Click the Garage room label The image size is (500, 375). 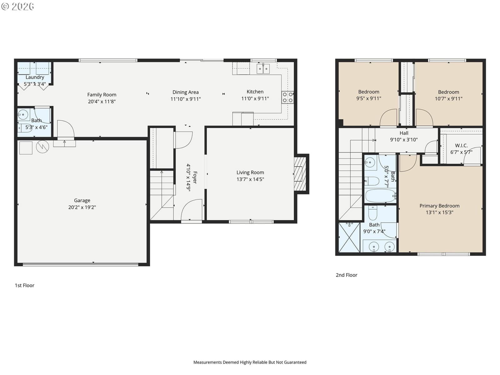(x=82, y=200)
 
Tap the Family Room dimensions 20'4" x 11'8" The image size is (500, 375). (x=102, y=102)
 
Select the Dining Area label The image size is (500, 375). (x=185, y=92)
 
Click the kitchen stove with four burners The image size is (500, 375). (x=287, y=97)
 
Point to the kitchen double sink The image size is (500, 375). (x=263, y=69)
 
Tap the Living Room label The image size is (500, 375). (x=250, y=172)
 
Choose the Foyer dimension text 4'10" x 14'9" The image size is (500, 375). (x=188, y=177)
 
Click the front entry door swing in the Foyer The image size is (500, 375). (x=192, y=210)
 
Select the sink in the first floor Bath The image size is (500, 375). (x=23, y=115)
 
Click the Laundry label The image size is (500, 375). (x=35, y=77)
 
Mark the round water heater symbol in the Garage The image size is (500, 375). (x=42, y=147)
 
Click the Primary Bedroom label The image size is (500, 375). (x=439, y=206)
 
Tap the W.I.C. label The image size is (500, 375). (x=461, y=146)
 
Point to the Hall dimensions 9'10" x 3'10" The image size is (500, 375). (x=404, y=140)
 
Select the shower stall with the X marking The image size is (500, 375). (x=349, y=237)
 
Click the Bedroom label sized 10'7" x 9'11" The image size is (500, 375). (x=448, y=92)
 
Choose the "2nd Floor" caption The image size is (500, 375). (x=347, y=275)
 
